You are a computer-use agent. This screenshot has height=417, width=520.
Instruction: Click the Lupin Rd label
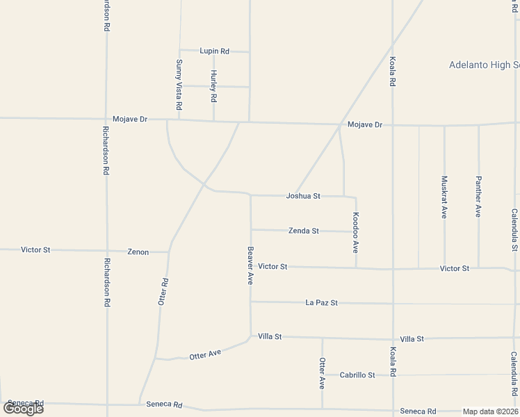[214, 51]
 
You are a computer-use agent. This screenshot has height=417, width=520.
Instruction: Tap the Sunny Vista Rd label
[179, 85]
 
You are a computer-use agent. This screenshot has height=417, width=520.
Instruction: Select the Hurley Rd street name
[213, 86]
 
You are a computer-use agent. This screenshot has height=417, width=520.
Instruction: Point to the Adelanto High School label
[484, 65]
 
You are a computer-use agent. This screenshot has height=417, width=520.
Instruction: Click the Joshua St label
[303, 196]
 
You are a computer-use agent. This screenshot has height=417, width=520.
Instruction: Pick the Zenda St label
[304, 231]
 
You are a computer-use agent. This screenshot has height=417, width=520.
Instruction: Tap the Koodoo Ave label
[355, 232]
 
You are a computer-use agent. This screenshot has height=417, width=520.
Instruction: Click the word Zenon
[138, 252]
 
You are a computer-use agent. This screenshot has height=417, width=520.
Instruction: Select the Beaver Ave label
[250, 265]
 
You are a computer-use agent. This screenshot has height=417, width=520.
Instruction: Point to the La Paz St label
[321, 303]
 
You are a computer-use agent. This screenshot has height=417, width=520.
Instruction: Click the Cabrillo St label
[357, 375]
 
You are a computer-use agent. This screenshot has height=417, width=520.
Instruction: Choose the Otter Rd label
[163, 292]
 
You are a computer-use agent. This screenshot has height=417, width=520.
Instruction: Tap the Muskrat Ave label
[444, 197]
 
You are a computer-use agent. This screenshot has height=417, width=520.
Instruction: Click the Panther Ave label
[478, 197]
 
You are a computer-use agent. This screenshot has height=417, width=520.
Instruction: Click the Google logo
[23, 409]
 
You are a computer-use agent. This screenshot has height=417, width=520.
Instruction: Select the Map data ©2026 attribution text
[491, 411]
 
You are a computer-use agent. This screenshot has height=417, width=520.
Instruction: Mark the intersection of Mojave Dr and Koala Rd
[393, 126]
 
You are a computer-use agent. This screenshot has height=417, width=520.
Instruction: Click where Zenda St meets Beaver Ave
[251, 229]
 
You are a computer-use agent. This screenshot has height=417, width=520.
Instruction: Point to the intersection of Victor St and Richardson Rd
[107, 250]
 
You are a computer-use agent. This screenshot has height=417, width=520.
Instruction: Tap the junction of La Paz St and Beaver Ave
[251, 302]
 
